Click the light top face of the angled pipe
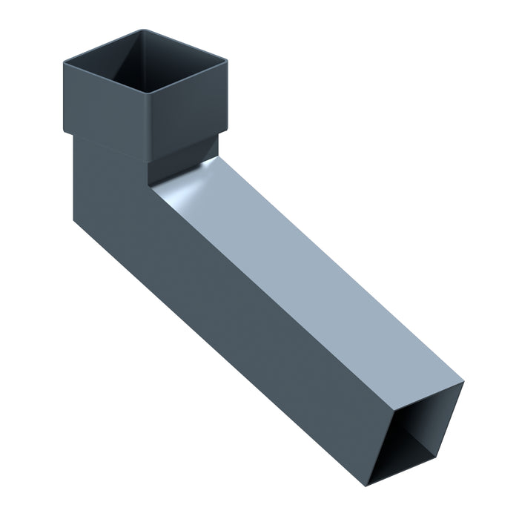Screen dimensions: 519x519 point(311,282)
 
